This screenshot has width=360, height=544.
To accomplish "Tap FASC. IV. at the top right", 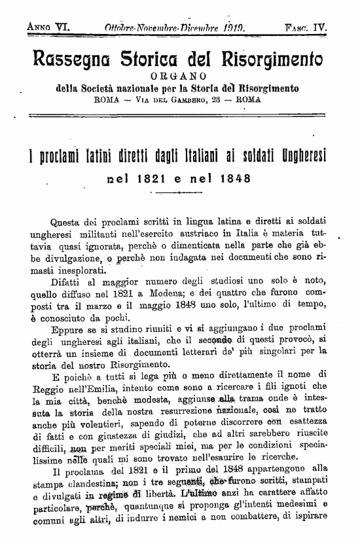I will tap(306, 28).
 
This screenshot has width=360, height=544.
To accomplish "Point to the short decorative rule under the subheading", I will tap(177, 194).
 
